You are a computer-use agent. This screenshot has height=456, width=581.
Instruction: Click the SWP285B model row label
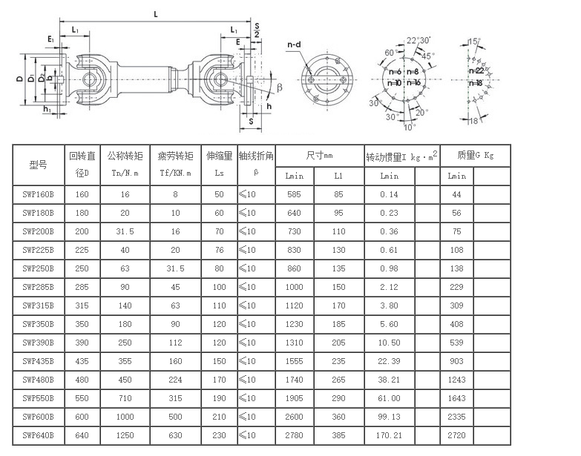[x=38, y=287]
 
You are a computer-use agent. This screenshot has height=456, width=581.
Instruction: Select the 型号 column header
[x=38, y=165]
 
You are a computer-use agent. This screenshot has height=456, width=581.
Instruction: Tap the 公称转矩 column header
[x=125, y=156]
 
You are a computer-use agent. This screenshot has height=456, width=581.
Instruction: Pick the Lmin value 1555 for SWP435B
[x=294, y=361]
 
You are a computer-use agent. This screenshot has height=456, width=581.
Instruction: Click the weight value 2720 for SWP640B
[x=456, y=435]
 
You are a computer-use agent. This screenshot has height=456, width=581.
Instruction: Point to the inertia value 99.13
[x=389, y=417]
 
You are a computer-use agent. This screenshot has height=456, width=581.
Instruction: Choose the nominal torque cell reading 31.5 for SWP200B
[x=125, y=231]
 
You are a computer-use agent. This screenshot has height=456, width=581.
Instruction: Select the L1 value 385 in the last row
[x=338, y=435]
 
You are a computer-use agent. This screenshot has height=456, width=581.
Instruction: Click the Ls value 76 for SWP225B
[x=220, y=250]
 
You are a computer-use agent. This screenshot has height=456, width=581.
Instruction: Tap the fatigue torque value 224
[x=175, y=380]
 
